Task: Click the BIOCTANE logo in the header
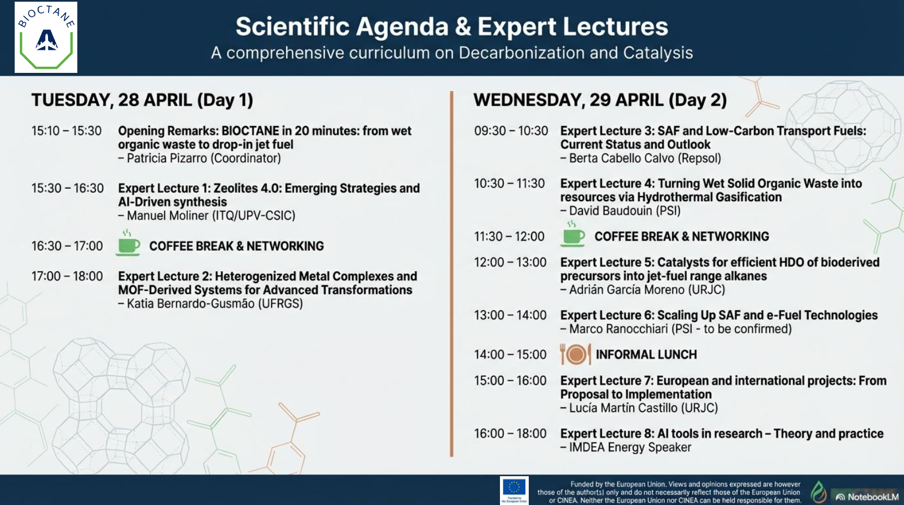point(46,37)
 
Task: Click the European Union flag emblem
point(514,490)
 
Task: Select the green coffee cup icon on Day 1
point(128,243)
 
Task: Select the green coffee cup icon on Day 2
point(573,234)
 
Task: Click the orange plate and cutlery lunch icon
point(576,354)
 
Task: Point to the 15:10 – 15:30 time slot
point(67,131)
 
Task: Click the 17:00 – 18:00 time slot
point(67,276)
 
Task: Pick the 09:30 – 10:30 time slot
point(511,131)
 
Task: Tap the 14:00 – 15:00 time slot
point(510,355)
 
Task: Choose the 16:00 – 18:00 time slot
point(510,434)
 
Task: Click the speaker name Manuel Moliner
point(168,216)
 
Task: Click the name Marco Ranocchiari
point(618,329)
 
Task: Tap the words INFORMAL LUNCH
point(647,355)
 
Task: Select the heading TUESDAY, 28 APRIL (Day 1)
point(142,100)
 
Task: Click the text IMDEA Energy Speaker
point(630,447)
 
